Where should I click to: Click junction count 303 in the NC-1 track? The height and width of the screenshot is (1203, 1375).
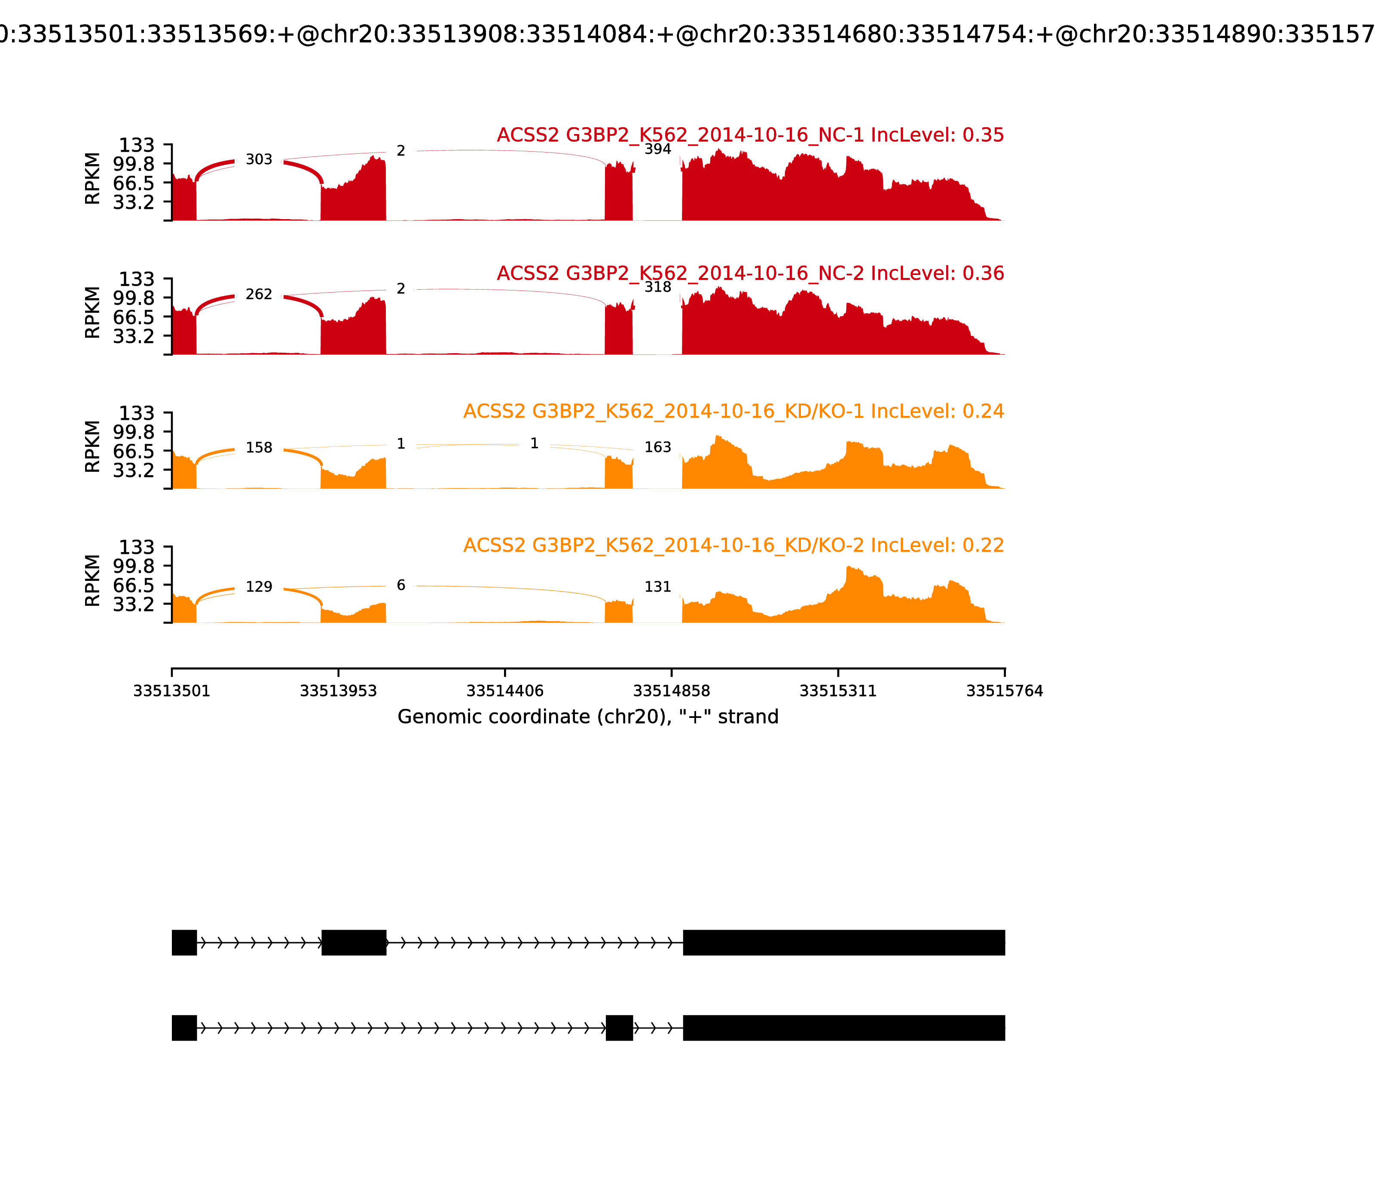259,160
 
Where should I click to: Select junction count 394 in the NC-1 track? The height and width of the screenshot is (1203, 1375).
657,150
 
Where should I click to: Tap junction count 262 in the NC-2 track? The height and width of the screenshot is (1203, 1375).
259,295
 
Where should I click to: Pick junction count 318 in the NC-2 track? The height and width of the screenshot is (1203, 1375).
657,287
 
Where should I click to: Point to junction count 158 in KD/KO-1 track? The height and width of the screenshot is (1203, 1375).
259,448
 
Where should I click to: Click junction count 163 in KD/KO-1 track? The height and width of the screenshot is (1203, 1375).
657,448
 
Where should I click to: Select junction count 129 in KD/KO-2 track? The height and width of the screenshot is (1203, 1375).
259,587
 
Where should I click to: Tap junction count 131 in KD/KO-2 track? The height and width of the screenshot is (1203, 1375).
657,587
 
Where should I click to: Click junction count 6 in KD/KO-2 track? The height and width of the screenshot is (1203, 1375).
401,585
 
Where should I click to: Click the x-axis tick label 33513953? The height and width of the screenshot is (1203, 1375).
339,691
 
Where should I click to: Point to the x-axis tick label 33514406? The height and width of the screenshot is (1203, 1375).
505,691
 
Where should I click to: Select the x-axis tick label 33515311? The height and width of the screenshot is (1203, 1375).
838,691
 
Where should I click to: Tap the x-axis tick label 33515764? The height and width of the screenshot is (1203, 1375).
1005,691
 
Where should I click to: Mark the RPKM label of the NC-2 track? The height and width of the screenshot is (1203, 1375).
93,313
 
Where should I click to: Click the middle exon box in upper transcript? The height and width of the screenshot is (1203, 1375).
354,943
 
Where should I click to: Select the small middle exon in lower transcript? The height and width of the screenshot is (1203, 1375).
619,1028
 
